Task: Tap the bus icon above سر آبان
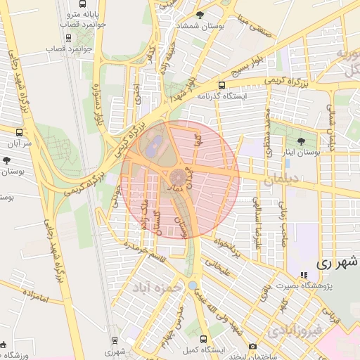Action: tap(18, 131)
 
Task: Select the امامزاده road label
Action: tap(32, 299)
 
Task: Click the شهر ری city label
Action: tap(337, 263)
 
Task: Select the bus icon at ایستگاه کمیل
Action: tap(204, 338)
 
